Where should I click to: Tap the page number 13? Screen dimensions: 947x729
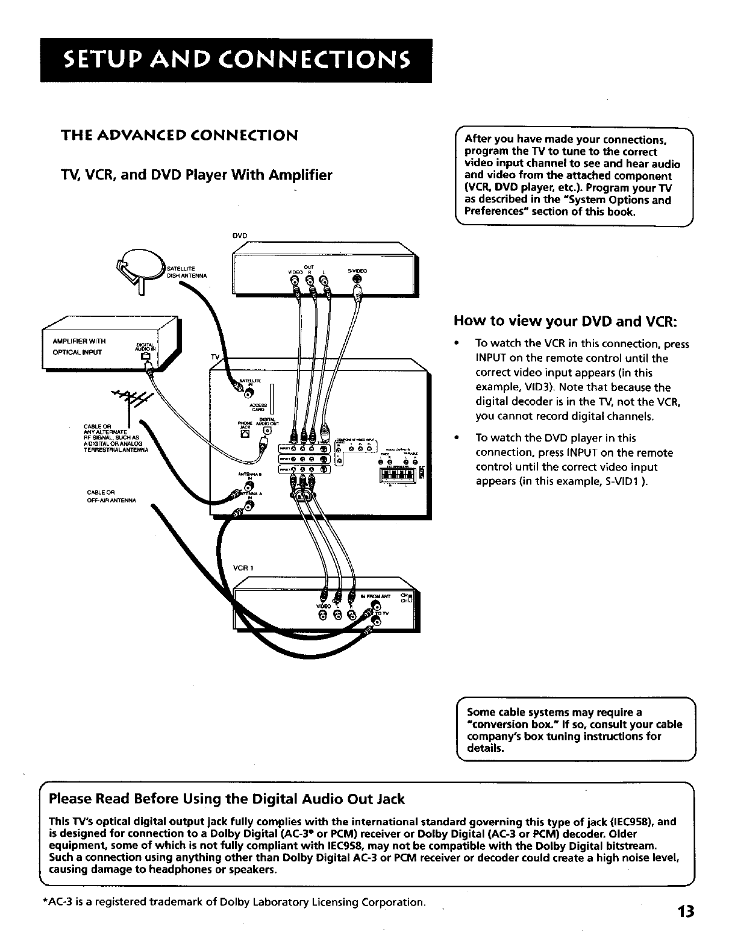click(686, 911)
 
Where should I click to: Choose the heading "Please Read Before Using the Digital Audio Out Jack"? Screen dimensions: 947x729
click(227, 799)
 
